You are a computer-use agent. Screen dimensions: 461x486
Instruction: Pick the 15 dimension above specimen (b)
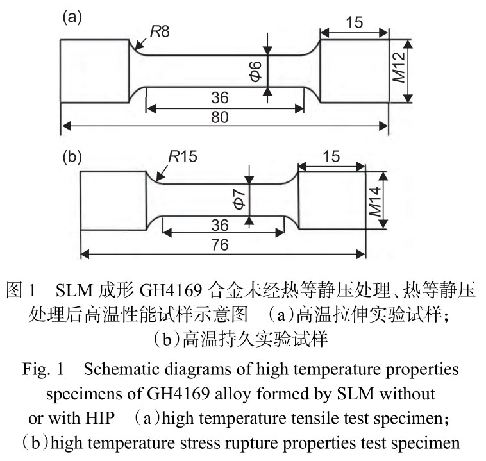click(331, 156)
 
